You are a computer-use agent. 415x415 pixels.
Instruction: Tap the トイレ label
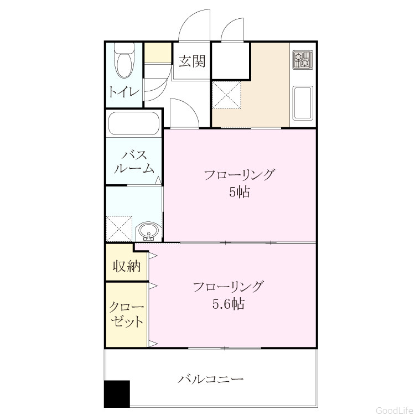click(x=124, y=91)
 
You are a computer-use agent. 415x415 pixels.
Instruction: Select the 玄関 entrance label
click(x=192, y=61)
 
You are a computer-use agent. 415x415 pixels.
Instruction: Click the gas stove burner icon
click(x=303, y=60)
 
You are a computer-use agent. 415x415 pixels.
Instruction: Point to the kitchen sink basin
click(x=303, y=102)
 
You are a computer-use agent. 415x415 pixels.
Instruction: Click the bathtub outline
click(x=134, y=124)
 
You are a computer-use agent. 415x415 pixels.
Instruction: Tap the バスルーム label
click(x=134, y=162)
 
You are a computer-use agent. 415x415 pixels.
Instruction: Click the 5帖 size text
click(x=240, y=192)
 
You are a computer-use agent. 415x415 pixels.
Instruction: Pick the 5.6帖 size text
click(x=229, y=304)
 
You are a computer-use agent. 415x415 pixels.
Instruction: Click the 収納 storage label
click(x=127, y=266)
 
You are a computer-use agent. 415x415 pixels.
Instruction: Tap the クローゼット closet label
click(x=127, y=314)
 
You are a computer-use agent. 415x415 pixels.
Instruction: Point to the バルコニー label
click(x=210, y=379)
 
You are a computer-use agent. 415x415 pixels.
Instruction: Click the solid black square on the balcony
click(x=117, y=394)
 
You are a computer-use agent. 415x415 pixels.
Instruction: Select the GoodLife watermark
click(x=395, y=410)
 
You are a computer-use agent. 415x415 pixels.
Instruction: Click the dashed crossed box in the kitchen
click(x=226, y=95)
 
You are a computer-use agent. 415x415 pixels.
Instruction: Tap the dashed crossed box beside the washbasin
click(x=119, y=229)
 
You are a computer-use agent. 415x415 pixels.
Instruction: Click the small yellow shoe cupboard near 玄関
click(x=158, y=53)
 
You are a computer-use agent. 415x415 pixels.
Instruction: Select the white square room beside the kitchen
click(x=231, y=60)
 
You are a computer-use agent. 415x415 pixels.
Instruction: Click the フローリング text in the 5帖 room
click(x=238, y=175)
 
